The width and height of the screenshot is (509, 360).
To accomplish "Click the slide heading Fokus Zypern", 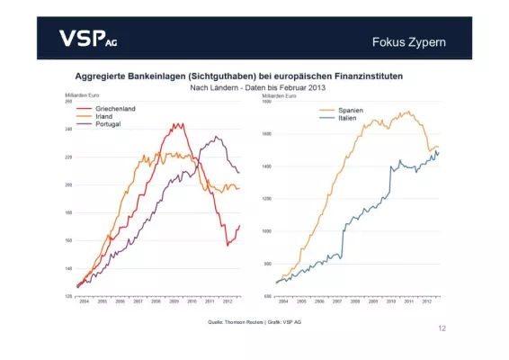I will (408, 42).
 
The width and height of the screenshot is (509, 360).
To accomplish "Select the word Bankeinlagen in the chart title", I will (167, 75).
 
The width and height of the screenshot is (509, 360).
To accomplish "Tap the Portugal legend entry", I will (100, 124).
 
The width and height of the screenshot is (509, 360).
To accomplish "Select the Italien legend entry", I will (348, 118).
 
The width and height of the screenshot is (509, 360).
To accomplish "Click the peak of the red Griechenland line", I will (177, 124).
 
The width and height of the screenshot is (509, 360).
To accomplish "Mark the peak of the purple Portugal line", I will (216, 137).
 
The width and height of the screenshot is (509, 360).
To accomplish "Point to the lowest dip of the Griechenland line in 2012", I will (228, 245).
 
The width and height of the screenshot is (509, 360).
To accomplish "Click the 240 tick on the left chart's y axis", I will (68, 129).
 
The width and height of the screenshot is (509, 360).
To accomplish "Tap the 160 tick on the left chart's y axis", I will (68, 240).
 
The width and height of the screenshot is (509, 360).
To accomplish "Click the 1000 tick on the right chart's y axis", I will (265, 231).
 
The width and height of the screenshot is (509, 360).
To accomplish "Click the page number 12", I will (442, 328).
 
